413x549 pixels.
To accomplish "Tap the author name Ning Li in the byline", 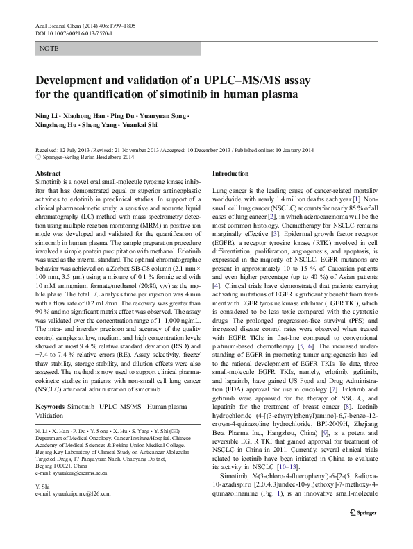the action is coord(47,115).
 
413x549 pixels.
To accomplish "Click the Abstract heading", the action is coord(48,173).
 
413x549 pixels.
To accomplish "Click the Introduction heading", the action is coord(230,173).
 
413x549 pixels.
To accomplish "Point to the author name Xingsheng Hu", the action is coord(58,126).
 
